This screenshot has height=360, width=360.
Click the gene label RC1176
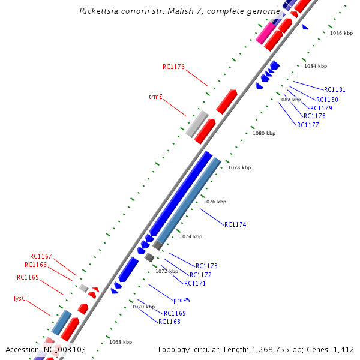pos(173,67)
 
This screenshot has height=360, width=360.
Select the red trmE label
pos(155,97)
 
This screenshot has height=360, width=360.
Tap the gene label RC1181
pos(334,90)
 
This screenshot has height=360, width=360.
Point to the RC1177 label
pos(308,125)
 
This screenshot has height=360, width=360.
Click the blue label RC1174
pos(235,224)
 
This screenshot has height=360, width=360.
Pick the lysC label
pos(20,298)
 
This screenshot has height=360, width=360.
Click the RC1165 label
pos(28,277)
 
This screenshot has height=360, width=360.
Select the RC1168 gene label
pos(169,322)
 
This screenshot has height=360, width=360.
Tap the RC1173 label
pos(206,266)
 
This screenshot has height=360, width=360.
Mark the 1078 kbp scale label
pos(239,167)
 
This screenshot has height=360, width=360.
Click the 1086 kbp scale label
pos(341,33)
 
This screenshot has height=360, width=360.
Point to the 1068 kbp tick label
pos(120,342)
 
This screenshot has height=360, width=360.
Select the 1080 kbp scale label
pos(263,133)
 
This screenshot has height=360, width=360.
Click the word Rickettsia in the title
pos(98,11)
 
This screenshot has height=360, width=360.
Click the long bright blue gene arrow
pos(181,193)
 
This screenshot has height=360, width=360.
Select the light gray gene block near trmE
pos(197,123)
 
